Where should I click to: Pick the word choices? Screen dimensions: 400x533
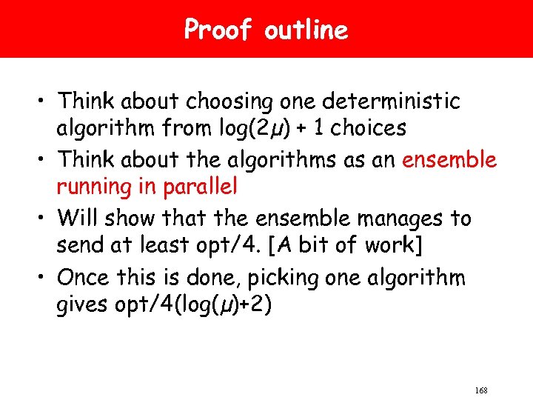click(x=369, y=128)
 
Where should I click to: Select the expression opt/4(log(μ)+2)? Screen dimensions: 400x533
click(x=201, y=306)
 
